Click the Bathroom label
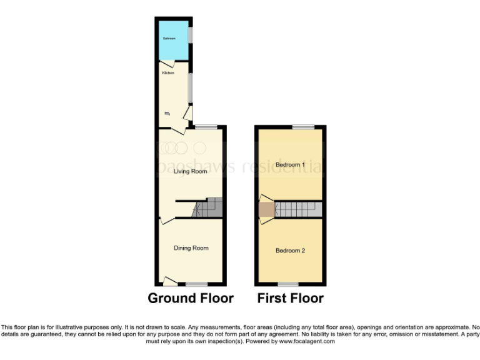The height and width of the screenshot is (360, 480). pos(169,39)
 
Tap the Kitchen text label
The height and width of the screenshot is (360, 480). pos(168,73)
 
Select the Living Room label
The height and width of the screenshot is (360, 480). pos(190,171)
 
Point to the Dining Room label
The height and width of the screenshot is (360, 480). pos(191,248)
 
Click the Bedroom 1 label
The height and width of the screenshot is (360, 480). pos(290,165)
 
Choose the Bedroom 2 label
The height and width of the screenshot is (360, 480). pos(290,251)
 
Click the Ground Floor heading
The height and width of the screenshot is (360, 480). pos(191,298)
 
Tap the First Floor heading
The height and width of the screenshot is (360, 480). pos(290,298)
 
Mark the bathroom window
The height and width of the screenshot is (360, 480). pos(191,34)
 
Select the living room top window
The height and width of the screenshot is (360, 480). pos(206,127)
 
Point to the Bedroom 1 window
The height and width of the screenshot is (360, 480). pos(304,127)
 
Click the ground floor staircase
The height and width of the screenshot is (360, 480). pos(209,207)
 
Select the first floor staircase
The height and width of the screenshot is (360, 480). pos(297,209)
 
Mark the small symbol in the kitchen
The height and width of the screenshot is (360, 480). pos(167,113)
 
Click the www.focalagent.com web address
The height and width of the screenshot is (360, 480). pos(306,342)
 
